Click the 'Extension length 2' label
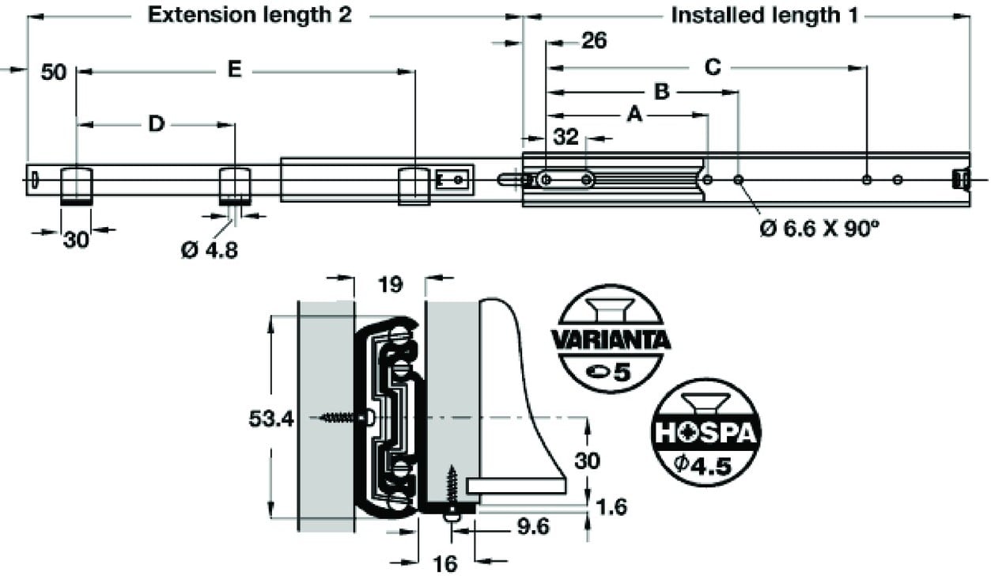tap(249, 15)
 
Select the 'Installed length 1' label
tap(765, 15)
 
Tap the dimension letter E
tap(234, 70)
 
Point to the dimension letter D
tap(156, 123)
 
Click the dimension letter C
tap(713, 67)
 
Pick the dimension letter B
tap(662, 92)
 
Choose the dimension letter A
tap(635, 115)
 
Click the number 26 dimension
tap(594, 40)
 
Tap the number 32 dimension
tap(565, 137)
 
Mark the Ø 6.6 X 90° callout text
tap(819, 229)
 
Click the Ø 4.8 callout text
tap(210, 251)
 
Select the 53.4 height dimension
tap(271, 419)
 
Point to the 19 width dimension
tap(390, 285)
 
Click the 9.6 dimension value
tap(532, 526)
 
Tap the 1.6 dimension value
tap(611, 507)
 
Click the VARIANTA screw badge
tap(611, 339)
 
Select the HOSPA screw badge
tap(706, 432)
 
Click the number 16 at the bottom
tap(444, 564)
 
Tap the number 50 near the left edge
tap(54, 72)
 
